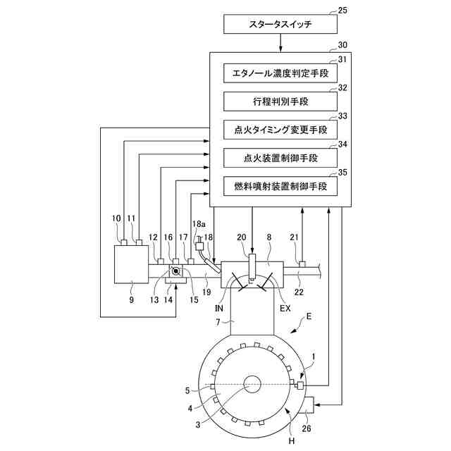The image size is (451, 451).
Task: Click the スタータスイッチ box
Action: click(x=280, y=24)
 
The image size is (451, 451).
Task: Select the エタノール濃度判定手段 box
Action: click(x=280, y=73)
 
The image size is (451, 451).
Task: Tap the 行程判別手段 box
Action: click(x=280, y=101)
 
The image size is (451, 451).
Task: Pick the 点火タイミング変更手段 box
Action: click(x=280, y=130)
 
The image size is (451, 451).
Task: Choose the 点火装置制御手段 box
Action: click(x=280, y=158)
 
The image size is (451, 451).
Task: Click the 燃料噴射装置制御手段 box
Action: click(x=280, y=186)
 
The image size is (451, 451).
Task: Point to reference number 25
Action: click(x=342, y=11)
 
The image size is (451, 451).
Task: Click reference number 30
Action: click(x=342, y=45)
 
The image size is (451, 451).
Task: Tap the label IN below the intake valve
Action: click(x=219, y=309)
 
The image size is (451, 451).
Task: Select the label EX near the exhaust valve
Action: click(x=285, y=309)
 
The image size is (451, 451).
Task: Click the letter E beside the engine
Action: click(x=309, y=316)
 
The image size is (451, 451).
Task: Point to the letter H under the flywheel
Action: click(x=292, y=440)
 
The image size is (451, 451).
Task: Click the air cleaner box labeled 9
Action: click(x=132, y=264)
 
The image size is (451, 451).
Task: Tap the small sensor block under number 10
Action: click(x=124, y=242)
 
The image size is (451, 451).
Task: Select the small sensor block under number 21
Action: click(x=302, y=264)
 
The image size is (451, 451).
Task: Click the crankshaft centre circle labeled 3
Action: click(x=252, y=385)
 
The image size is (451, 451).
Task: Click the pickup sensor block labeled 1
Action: click(x=300, y=385)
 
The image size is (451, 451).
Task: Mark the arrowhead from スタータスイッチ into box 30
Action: click(x=280, y=50)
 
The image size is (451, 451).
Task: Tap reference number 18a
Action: click(x=199, y=224)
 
